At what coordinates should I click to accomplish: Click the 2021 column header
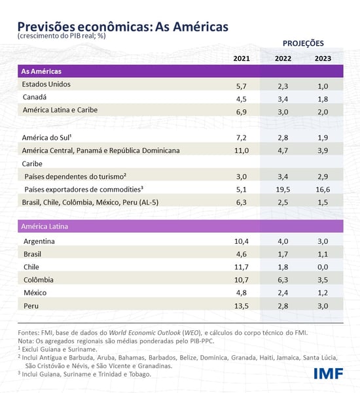point(242,59)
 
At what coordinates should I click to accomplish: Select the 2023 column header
point(321,59)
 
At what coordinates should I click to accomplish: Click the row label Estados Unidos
point(46,84)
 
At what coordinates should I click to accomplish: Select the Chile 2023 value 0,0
point(321,267)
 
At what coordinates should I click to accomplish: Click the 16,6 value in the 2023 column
point(321,190)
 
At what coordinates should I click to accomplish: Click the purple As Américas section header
point(43,71)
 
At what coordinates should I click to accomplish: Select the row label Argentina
point(39,241)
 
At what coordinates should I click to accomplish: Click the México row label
point(35,293)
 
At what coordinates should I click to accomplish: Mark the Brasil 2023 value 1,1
point(321,254)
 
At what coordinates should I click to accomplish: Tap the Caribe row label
point(34,163)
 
